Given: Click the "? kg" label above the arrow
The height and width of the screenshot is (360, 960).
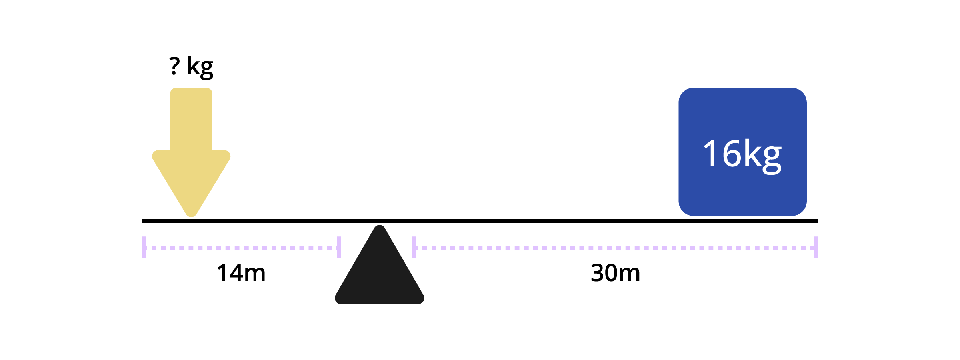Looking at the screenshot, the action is click(191, 67).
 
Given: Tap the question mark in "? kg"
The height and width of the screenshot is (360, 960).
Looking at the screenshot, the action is click(174, 66).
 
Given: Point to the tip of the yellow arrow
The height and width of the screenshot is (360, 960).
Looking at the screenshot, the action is click(191, 216).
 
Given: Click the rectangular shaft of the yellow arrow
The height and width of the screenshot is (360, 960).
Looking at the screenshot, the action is click(191, 119).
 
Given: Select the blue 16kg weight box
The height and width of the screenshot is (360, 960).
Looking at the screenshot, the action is click(742, 152).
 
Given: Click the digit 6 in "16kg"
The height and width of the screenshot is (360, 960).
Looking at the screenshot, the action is click(732, 153).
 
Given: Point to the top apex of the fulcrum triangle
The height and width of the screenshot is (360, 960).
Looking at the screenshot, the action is click(379, 226).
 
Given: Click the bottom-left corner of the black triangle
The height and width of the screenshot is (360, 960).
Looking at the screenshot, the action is click(336, 302).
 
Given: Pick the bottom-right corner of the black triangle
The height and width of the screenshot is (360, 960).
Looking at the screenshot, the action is click(423, 302).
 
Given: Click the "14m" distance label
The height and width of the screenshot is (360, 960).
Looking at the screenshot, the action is click(241, 273).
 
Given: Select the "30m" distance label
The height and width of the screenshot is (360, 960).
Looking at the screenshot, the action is click(616, 273).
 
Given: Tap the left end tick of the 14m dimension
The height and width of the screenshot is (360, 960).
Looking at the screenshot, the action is click(144, 248).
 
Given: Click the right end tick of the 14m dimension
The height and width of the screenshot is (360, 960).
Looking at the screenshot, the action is click(339, 248).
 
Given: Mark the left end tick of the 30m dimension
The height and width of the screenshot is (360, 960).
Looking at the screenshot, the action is click(414, 248).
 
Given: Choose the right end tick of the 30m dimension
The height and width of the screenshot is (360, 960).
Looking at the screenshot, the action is click(816, 248).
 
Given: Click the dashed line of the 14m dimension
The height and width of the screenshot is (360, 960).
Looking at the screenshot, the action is click(242, 248).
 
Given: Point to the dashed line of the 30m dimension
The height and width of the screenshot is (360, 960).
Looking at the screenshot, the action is click(614, 248).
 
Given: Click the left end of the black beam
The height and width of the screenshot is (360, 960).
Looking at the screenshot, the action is click(143, 221).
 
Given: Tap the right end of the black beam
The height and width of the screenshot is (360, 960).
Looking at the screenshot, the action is click(817, 221).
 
